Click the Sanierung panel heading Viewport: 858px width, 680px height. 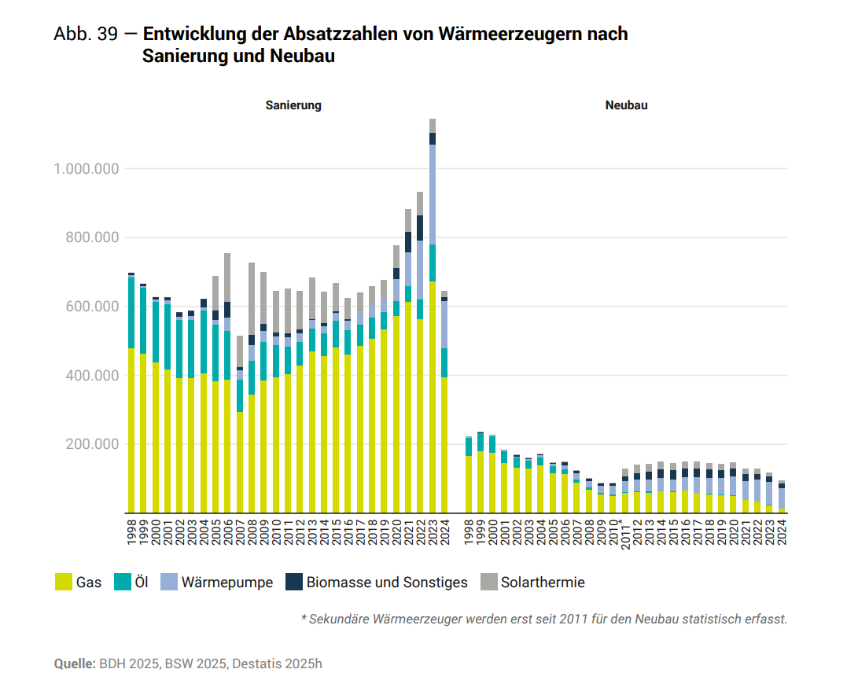click(x=293, y=105)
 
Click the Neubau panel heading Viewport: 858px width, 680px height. click(x=626, y=105)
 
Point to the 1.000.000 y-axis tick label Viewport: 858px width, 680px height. click(x=86, y=169)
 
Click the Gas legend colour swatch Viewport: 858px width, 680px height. click(x=63, y=583)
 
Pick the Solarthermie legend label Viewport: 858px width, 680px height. click(x=543, y=583)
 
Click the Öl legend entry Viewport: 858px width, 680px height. click(x=134, y=583)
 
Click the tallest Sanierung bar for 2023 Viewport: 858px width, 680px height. click(x=433, y=314)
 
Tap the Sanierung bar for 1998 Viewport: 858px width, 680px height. click(x=131, y=393)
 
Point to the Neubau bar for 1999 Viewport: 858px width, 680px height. click(x=481, y=472)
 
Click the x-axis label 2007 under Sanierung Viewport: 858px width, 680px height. click(x=240, y=531)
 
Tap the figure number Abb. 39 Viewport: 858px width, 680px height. click(x=85, y=35)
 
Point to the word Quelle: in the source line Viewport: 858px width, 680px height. click(x=75, y=663)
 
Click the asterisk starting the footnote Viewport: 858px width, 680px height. click(x=304, y=619)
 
